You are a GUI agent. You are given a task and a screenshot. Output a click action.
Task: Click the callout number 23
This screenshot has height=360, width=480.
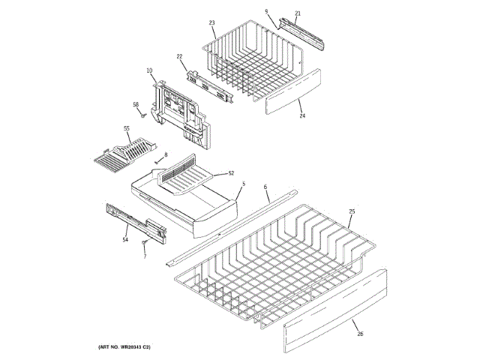pos(212,23)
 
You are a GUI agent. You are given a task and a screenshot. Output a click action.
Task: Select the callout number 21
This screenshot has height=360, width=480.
pos(297,14)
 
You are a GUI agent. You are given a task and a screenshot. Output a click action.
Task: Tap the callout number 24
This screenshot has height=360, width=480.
pos(302,115)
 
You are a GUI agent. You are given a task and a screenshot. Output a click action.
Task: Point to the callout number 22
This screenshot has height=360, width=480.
pos(180,57)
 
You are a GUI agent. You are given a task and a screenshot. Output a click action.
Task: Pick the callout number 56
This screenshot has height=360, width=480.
pos(136,104)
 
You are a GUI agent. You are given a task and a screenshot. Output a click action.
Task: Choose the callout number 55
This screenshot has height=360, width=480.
pos(127,128)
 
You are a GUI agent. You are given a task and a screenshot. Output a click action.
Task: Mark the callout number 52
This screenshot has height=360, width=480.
pos(231,173)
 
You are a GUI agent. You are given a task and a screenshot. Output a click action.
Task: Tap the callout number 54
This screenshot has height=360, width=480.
pos(125,239)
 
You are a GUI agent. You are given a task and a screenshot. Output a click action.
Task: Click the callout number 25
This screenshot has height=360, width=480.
pos(352,212)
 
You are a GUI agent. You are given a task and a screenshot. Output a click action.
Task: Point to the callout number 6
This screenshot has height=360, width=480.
pos(265,186)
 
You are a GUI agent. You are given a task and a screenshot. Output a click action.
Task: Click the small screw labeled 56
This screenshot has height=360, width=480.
pos(142,114)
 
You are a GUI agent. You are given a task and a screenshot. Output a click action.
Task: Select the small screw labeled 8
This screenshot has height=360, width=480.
pos(157,160)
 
